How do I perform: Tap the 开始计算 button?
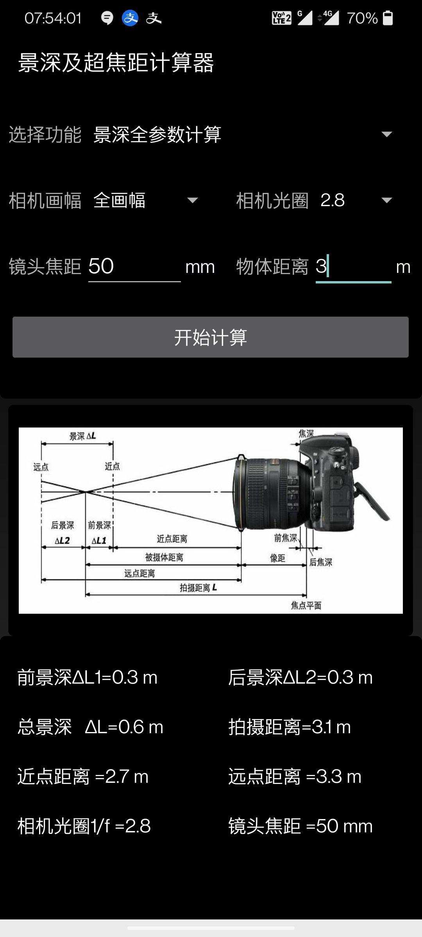tap(210, 337)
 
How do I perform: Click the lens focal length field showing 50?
tap(134, 267)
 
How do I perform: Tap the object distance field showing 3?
tap(352, 267)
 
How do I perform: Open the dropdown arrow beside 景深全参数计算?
tap(386, 134)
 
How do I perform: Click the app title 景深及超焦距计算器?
tap(116, 62)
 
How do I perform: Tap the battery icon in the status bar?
tap(388, 18)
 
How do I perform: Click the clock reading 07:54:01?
tap(53, 18)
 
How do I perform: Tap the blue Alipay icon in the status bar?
tap(130, 18)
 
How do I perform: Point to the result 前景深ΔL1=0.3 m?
tap(87, 677)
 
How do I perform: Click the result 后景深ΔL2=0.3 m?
tap(300, 677)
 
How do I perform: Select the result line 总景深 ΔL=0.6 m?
tap(90, 727)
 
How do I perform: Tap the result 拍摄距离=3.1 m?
tap(290, 727)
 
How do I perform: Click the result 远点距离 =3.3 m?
tap(295, 777)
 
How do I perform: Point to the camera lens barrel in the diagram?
tap(266, 494)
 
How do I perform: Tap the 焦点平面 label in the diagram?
tap(306, 606)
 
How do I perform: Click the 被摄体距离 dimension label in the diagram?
tap(164, 557)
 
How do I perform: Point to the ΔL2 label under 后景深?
tap(62, 541)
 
